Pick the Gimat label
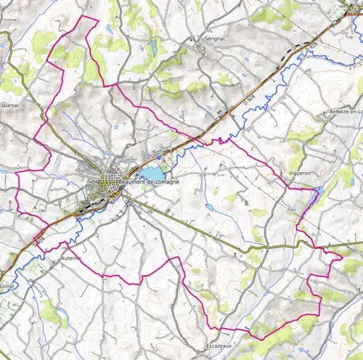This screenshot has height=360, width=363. pyautogui.click(x=7, y=286)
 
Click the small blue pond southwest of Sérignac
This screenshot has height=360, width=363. pyautogui.click(x=152, y=49)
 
